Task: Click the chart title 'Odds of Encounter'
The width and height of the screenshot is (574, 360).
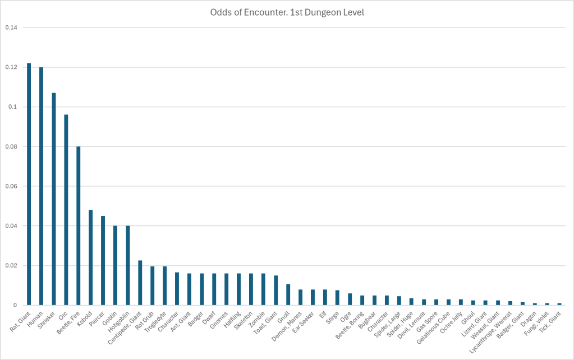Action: pos(287,12)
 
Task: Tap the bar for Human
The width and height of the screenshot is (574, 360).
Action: pos(42,186)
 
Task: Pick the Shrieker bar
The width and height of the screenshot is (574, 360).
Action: pos(54,199)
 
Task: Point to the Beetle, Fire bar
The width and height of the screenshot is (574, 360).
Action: pos(79,226)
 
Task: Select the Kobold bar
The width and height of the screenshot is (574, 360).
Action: pos(91,257)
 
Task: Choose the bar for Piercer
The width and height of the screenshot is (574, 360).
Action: pos(103,260)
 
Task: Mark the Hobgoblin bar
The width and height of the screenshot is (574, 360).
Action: pos(128,265)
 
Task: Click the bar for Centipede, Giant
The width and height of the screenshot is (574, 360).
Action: pos(140,283)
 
